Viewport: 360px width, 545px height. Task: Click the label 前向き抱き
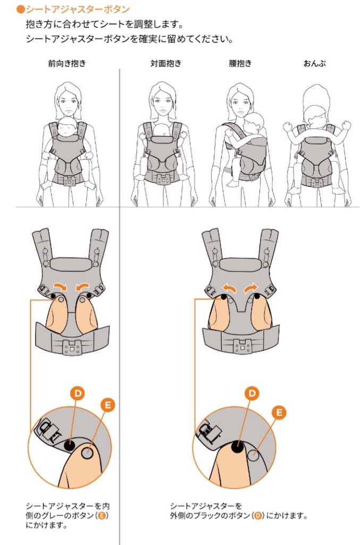coord(66,63)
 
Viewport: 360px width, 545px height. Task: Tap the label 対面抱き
coord(165,63)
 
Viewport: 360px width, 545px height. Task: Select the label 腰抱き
coord(240,63)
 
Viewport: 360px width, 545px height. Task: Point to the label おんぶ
coord(314,63)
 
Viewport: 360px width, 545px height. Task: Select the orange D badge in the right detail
coord(253,393)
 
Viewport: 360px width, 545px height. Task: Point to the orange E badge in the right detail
coord(279,412)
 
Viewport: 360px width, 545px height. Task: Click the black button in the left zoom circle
coord(70,444)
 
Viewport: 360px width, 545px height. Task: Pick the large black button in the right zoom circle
coord(238,446)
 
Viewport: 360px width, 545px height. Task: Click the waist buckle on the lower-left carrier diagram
coord(72,346)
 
